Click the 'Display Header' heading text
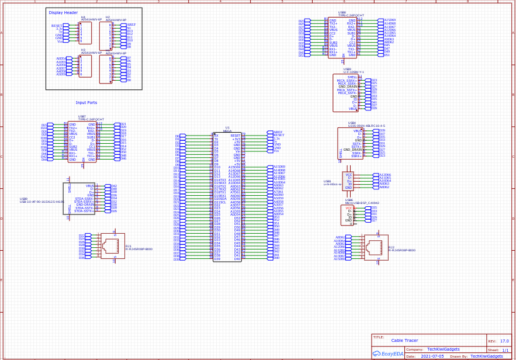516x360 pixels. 63,12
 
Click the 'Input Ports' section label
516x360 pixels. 86,102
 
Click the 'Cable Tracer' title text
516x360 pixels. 404,340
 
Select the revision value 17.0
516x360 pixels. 504,341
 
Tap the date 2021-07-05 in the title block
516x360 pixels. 431,356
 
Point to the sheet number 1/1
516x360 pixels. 505,350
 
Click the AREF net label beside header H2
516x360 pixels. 131,25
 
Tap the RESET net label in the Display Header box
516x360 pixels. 57,26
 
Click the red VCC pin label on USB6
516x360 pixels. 348,208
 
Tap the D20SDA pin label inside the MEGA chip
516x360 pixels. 220,199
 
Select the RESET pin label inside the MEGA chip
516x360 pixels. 236,135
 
